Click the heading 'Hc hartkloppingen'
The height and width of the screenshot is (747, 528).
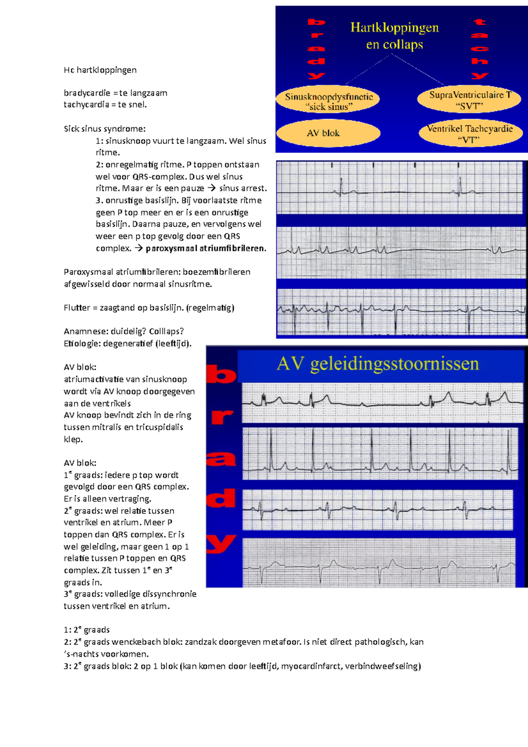pos(100,70)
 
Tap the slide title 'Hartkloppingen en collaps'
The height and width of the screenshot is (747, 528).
pos(394,36)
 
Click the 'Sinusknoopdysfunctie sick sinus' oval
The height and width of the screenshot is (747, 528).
pos(329,101)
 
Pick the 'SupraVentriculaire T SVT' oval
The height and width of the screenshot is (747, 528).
pos(470,100)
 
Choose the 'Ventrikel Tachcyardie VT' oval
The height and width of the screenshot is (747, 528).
pos(470,134)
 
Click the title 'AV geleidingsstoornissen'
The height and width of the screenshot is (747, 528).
pos(378,364)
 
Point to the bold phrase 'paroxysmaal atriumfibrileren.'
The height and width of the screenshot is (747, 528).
pos(206,248)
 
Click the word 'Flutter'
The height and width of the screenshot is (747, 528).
pos(77,308)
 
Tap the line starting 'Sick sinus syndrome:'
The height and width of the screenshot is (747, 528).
pos(104,129)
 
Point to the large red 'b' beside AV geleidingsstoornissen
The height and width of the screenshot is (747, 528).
pos(221,375)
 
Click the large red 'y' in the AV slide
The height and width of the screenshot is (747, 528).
pos(221,544)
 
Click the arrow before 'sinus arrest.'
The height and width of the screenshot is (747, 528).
pos(212,188)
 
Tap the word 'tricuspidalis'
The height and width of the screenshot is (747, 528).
pos(159,427)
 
